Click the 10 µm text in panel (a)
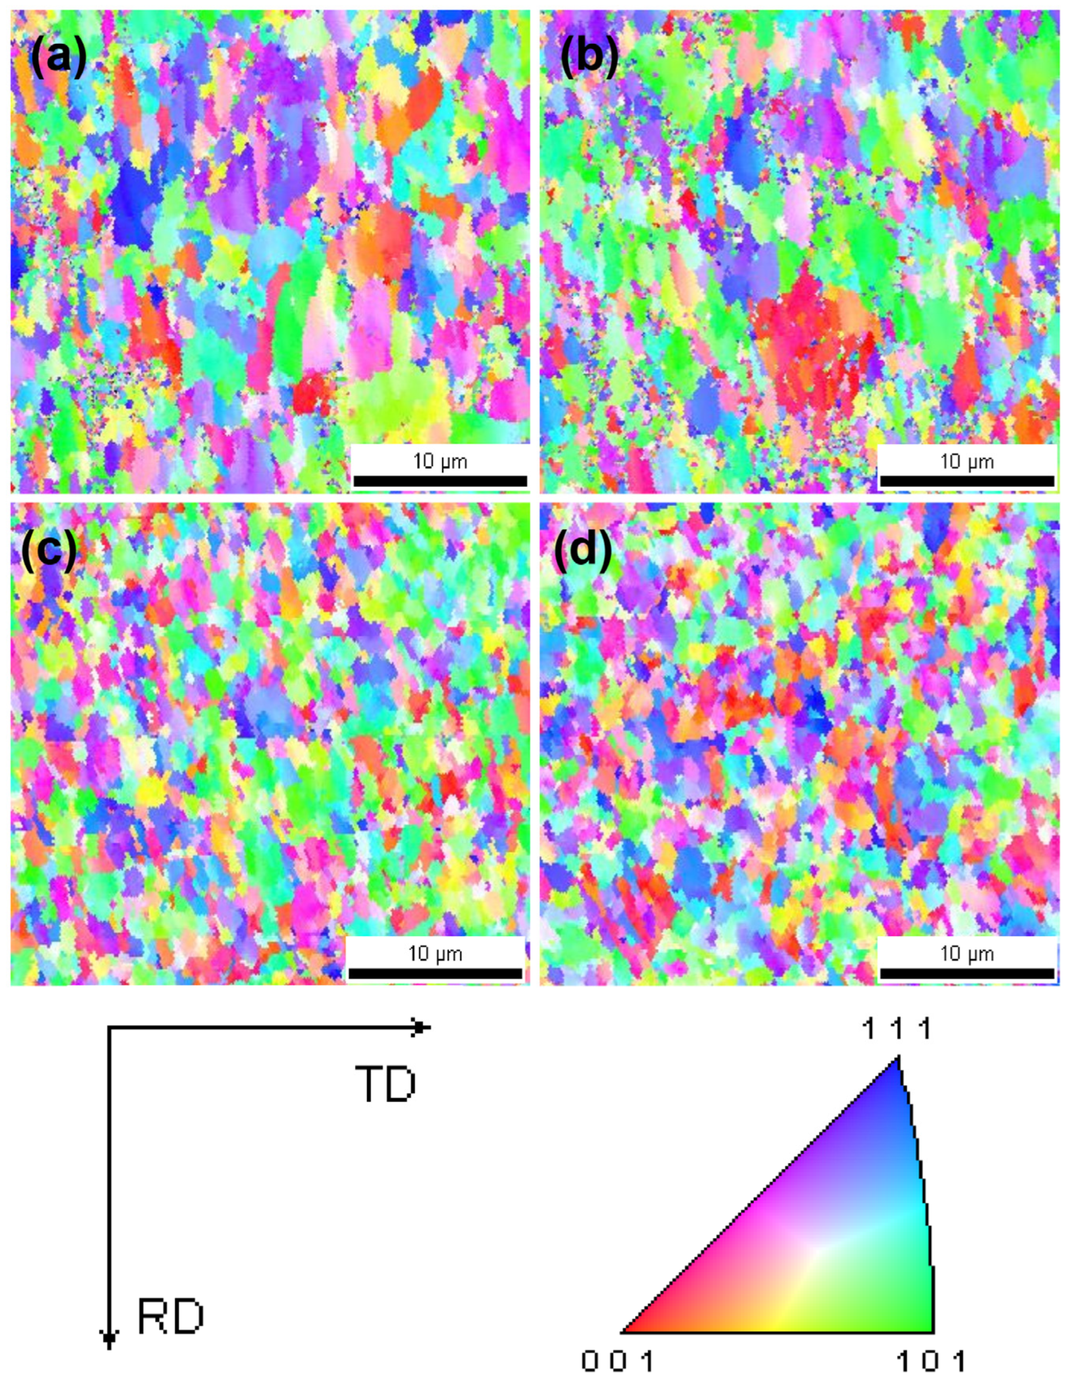(440, 461)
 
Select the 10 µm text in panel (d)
(967, 953)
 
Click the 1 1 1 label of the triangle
(897, 1030)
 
